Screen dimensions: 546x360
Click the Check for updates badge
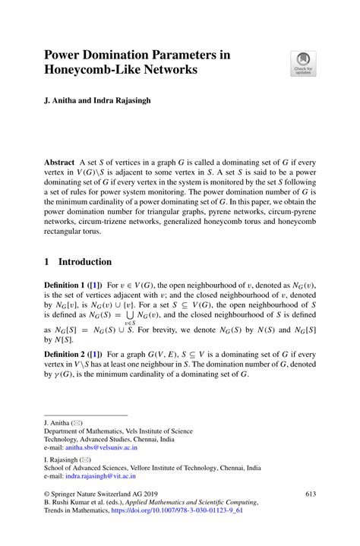[x=304, y=64]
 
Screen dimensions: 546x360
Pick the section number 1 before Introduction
[x=47, y=262]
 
